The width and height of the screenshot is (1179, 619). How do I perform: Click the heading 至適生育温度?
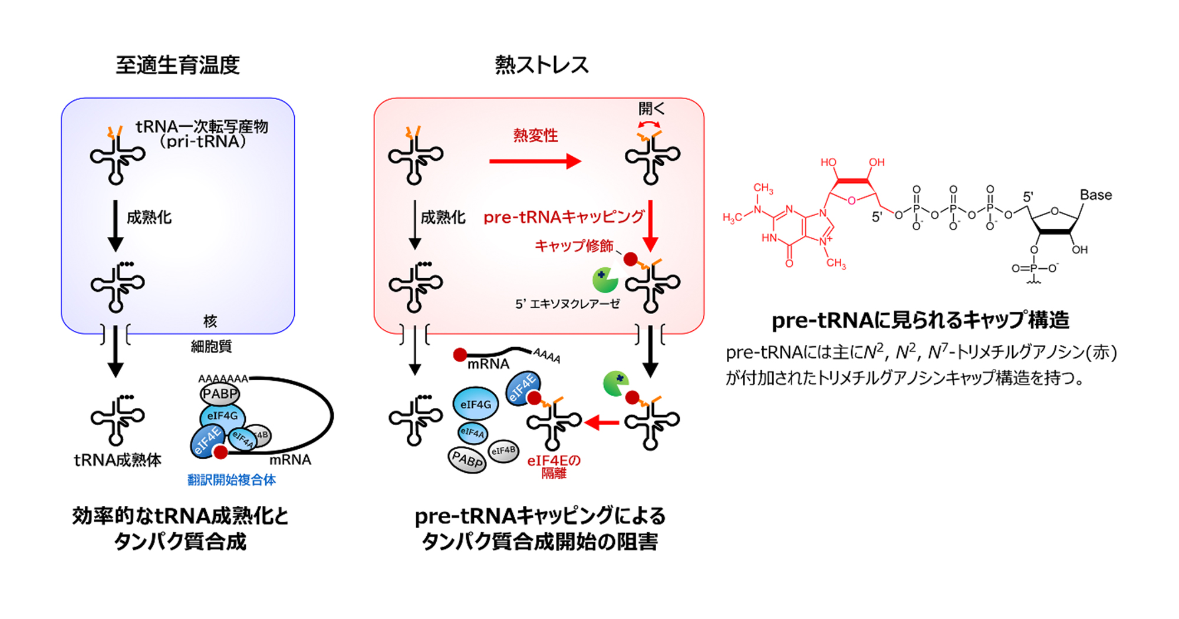[x=177, y=65]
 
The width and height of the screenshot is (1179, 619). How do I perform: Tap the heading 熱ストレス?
[x=542, y=65]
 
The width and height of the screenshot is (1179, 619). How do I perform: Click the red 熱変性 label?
[x=535, y=136]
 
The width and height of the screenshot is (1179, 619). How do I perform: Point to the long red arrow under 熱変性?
[x=535, y=161]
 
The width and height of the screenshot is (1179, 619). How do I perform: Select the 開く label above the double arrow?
[x=651, y=108]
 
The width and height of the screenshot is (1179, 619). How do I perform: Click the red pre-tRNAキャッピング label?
[x=564, y=217]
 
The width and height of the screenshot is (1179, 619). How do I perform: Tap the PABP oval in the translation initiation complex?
[x=220, y=394]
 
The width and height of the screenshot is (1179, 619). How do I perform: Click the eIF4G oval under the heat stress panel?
[x=476, y=404]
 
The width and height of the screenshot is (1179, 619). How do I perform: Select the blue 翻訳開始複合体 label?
[x=232, y=480]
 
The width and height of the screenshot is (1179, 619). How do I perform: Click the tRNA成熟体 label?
[x=117, y=460]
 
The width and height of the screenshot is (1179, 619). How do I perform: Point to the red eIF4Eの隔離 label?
[x=554, y=466]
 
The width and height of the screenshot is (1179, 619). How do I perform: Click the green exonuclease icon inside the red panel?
[x=605, y=280]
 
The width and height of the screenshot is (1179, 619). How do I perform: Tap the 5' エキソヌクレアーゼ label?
[x=568, y=304]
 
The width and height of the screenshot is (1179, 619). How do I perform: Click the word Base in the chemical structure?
[x=1096, y=195]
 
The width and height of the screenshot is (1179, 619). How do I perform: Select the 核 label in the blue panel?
[x=210, y=321]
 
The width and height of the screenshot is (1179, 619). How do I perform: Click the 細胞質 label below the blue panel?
[x=211, y=347]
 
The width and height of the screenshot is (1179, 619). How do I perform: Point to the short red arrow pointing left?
[x=601, y=422]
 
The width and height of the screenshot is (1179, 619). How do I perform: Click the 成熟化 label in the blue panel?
[x=149, y=218]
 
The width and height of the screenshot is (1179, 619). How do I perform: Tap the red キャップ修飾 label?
[x=574, y=246]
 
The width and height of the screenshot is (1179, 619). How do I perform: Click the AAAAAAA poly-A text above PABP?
[x=223, y=378]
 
